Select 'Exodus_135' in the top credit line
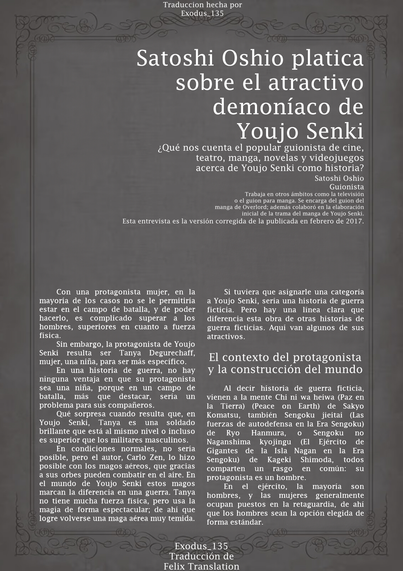click(202, 14)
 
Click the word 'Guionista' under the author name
click(346, 187)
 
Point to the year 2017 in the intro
click(354, 221)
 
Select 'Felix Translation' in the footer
click(201, 566)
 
